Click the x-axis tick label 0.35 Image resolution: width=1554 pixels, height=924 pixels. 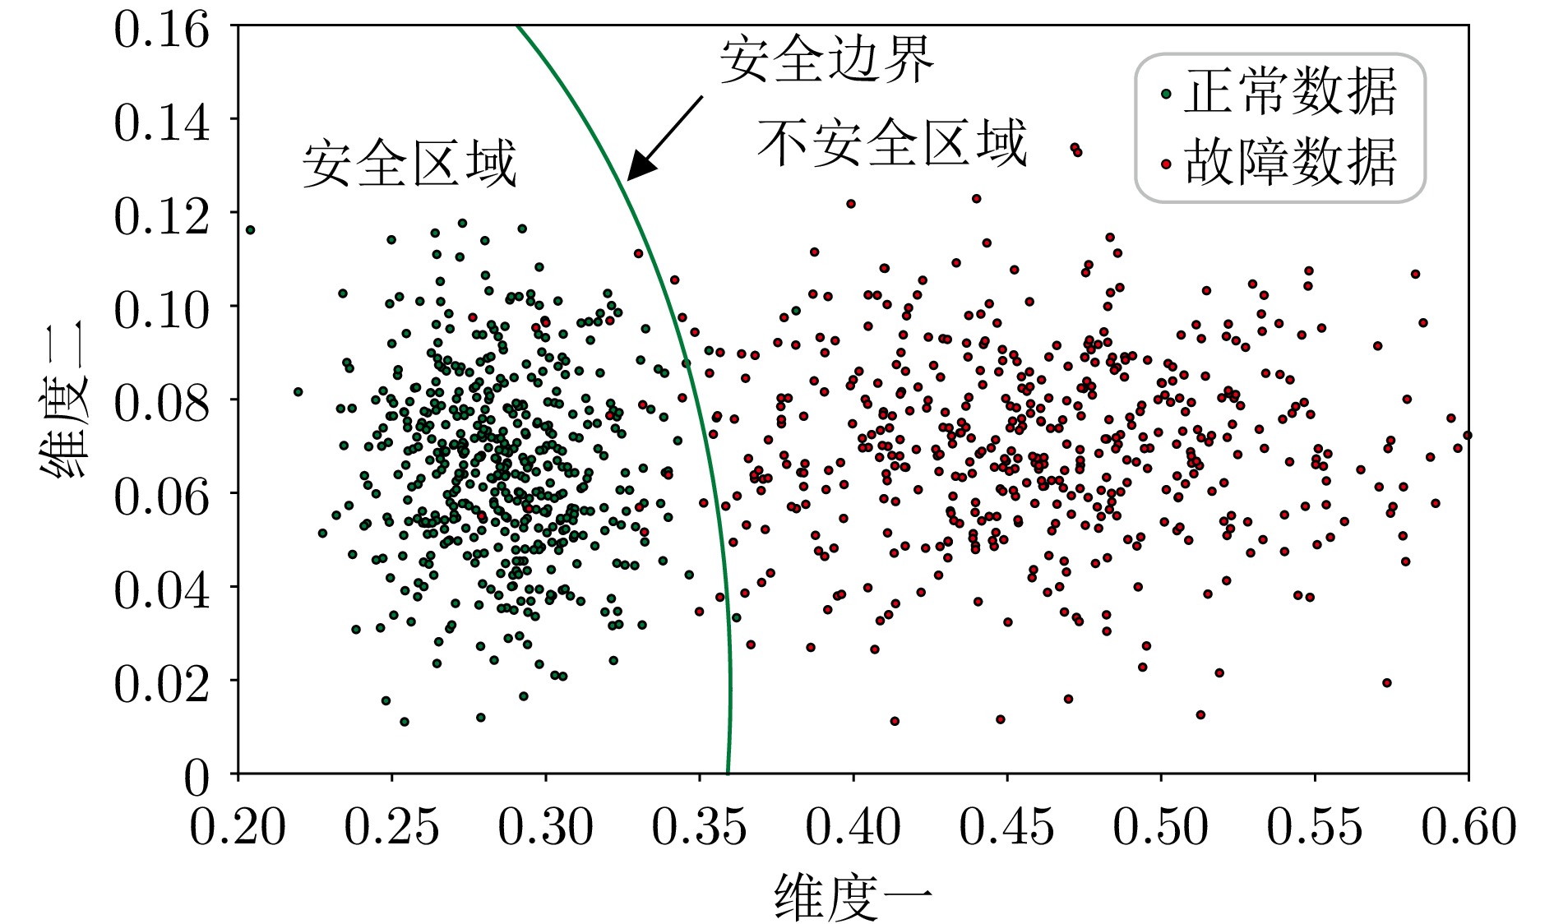tap(699, 826)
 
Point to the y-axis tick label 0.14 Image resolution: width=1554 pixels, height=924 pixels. tap(161, 122)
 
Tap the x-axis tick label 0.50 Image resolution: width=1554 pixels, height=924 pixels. tap(1160, 826)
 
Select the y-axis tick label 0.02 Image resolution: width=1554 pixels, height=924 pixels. tap(161, 683)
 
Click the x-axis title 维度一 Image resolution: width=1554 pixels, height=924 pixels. tap(853, 897)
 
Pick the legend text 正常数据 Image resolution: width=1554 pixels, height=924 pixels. tap(1290, 91)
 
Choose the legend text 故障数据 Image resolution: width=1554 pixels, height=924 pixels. tap(1290, 162)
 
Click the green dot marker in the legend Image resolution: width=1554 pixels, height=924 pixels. tap(1165, 94)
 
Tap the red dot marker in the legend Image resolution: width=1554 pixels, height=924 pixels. tap(1165, 164)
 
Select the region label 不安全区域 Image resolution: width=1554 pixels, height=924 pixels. tap(892, 142)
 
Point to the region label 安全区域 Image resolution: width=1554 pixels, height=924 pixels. tap(409, 163)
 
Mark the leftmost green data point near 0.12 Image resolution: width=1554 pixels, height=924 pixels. tap(250, 230)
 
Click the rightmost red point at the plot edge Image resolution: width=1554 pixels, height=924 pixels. tap(1467, 435)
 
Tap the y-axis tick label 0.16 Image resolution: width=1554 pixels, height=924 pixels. tap(161, 31)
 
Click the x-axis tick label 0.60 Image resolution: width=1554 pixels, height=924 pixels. tap(1468, 826)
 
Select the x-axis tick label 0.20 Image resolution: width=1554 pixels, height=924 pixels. tap(238, 826)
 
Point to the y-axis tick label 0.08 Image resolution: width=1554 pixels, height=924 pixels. tap(161, 403)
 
